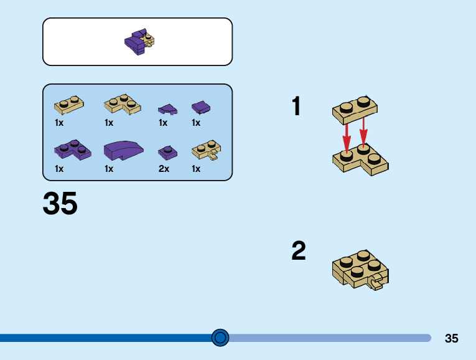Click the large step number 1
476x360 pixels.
(x=296, y=107)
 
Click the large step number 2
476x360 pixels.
(x=299, y=251)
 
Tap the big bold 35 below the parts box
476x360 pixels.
(x=60, y=204)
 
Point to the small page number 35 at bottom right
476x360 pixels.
(x=452, y=338)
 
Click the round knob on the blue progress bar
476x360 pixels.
(x=220, y=338)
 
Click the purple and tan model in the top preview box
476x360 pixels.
(x=139, y=42)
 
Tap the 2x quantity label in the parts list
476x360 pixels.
(x=164, y=168)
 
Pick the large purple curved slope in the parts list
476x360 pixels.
(x=123, y=151)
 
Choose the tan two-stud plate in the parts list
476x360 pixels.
(x=69, y=104)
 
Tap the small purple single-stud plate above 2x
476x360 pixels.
(x=167, y=152)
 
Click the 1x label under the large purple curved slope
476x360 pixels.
(x=109, y=168)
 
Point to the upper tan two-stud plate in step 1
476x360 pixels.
(x=355, y=110)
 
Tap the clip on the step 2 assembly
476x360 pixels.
(x=375, y=284)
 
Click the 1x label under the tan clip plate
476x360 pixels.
(x=196, y=168)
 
